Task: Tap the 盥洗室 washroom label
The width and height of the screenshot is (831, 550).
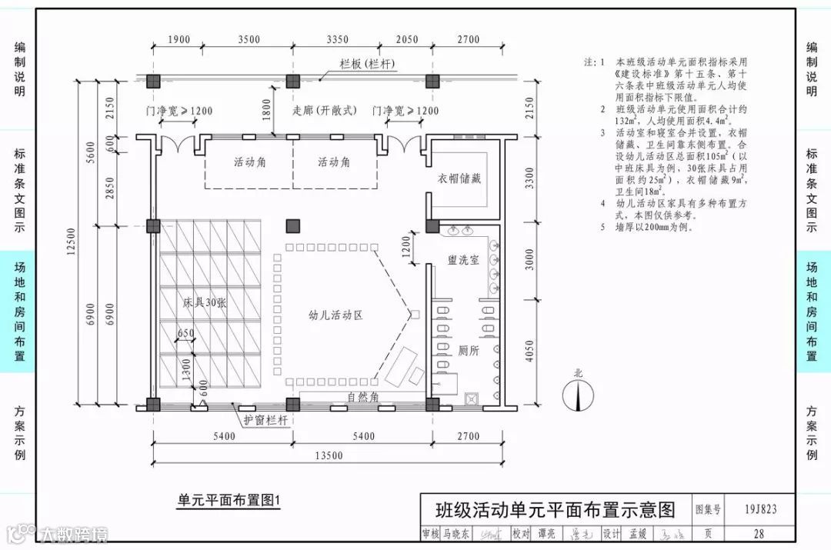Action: (464, 260)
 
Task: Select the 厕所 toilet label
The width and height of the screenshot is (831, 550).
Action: (468, 351)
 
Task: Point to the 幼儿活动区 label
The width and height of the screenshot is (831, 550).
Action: (335, 315)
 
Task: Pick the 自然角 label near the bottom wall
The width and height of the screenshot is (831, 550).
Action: (362, 398)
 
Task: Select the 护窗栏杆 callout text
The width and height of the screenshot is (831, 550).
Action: (265, 421)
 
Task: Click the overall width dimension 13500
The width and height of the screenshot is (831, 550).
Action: (328, 456)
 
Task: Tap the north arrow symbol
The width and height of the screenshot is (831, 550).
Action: (578, 392)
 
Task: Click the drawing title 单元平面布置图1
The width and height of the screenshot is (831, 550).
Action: (229, 501)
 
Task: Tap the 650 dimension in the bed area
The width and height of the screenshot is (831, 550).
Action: (185, 333)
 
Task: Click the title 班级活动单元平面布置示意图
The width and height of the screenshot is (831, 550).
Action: (555, 509)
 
